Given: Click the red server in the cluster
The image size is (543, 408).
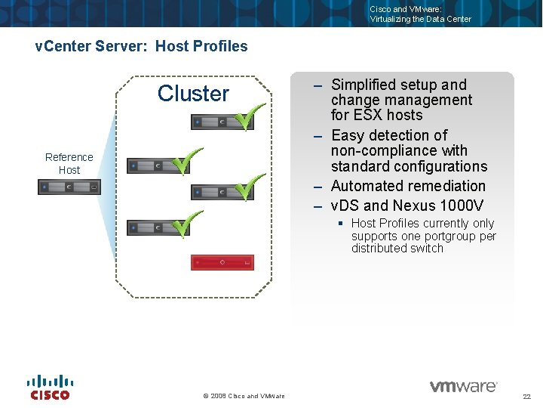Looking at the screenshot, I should [x=222, y=262].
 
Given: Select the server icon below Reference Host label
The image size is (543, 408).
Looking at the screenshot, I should [x=69, y=186].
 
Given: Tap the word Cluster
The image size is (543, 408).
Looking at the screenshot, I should [x=193, y=94].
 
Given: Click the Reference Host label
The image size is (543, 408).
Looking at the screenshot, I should [x=69, y=163].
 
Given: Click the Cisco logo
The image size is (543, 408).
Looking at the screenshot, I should [x=50, y=388].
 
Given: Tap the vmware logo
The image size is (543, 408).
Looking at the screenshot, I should [x=463, y=386].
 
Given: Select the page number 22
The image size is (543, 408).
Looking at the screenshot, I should [x=526, y=397].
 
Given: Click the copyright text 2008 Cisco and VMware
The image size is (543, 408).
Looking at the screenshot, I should [x=244, y=396].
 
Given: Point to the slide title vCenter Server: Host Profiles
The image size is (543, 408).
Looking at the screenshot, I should [x=142, y=46].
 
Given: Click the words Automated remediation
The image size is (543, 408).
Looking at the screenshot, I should [x=408, y=186].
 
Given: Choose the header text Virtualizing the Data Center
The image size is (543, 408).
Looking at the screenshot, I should [x=420, y=19].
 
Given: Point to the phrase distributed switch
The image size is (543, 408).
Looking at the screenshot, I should [x=397, y=248].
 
